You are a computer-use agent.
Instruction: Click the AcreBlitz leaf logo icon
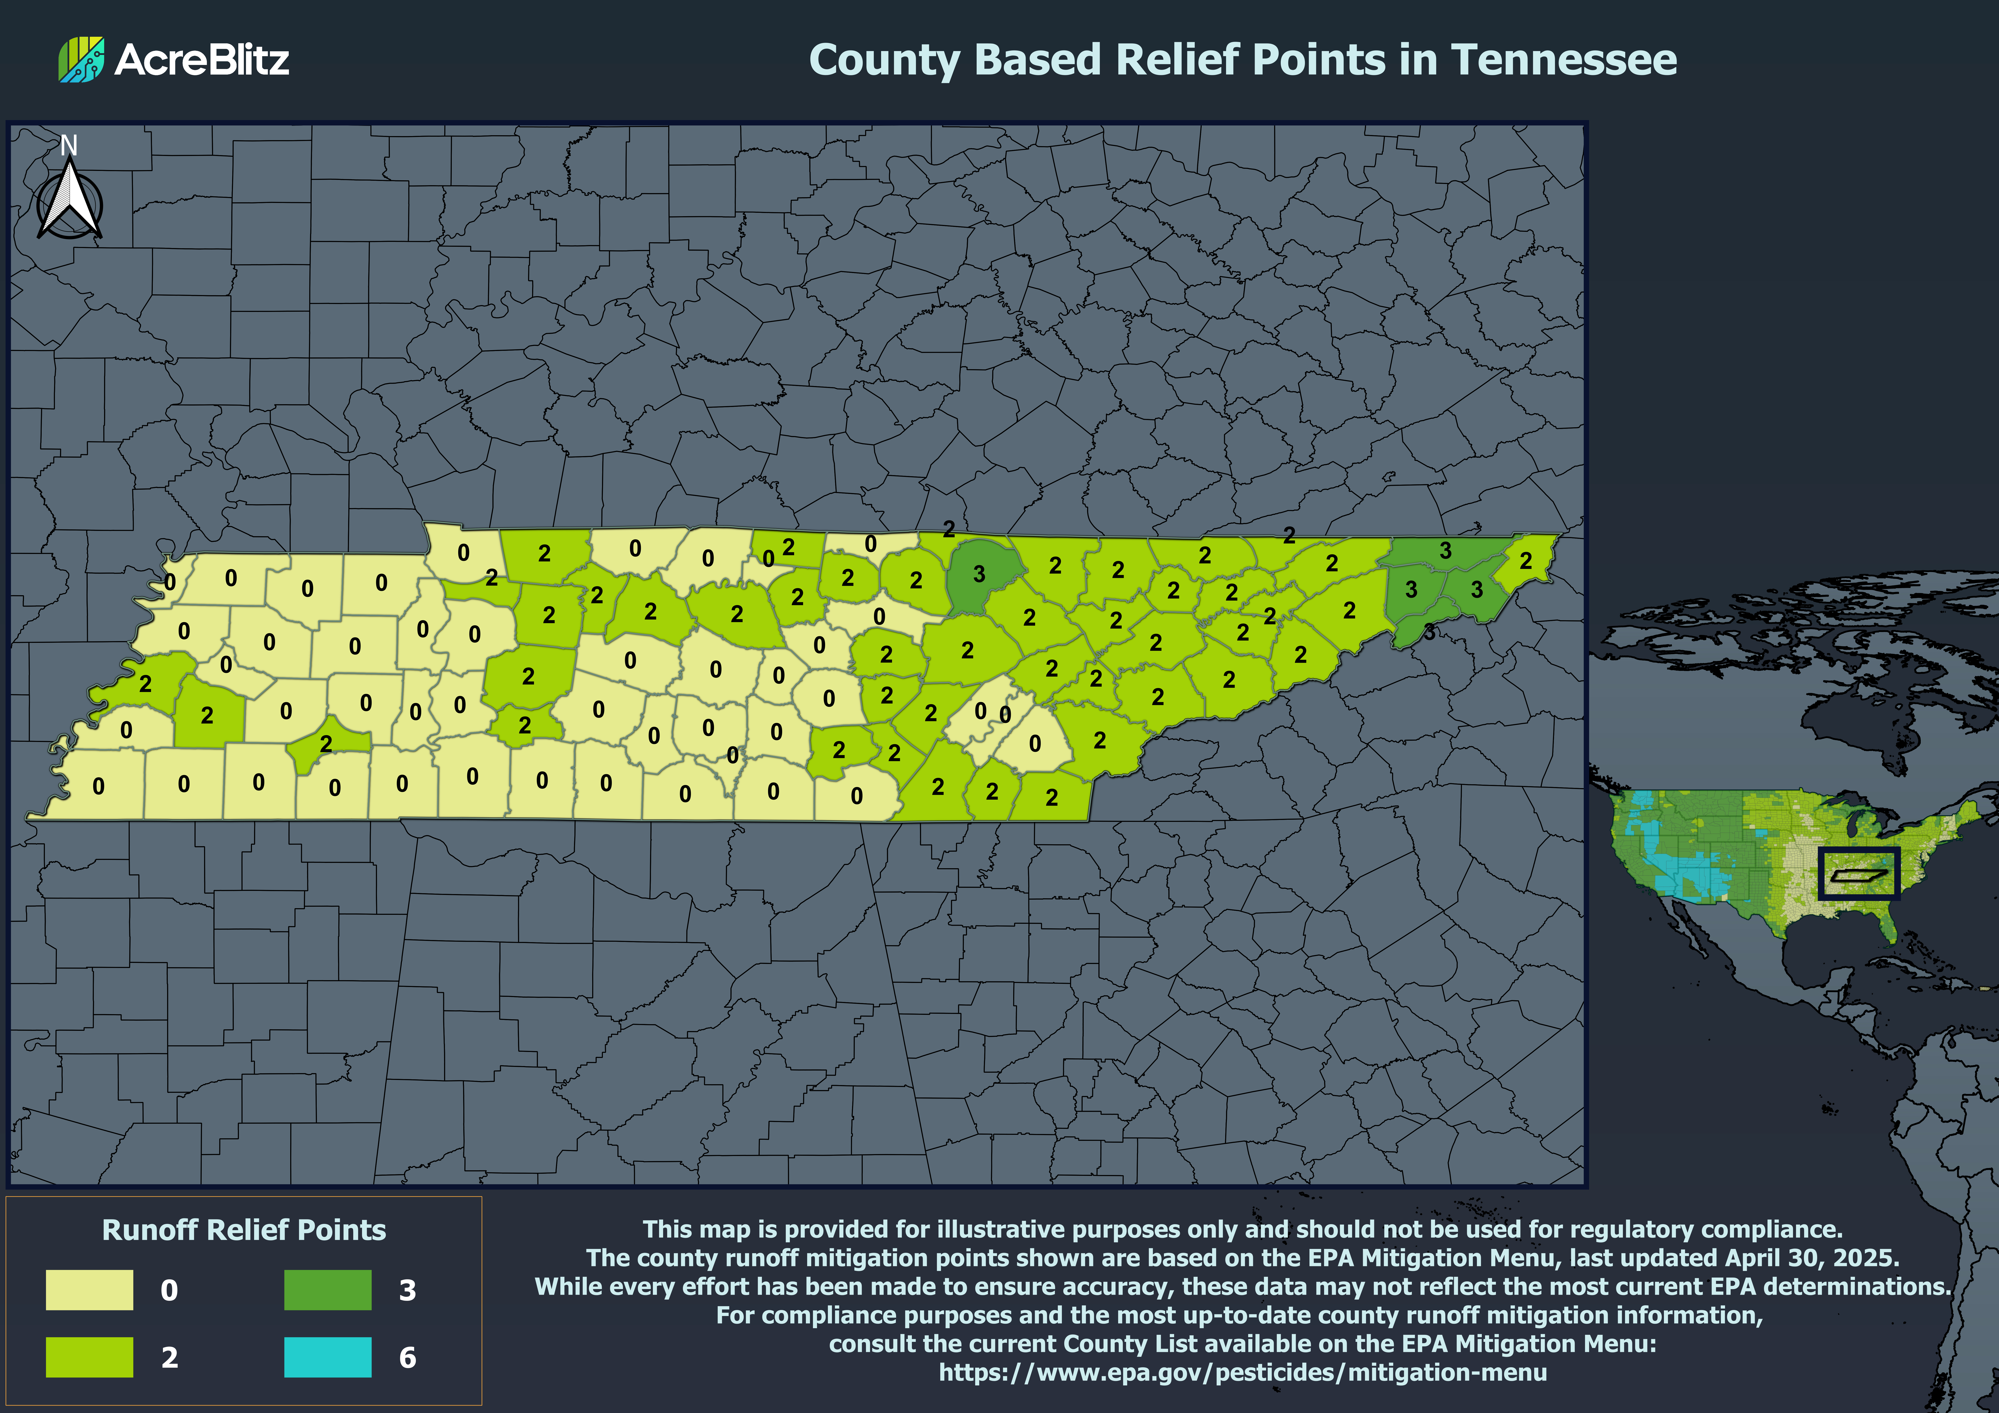(x=81, y=59)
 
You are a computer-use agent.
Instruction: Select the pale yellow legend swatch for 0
(x=90, y=1289)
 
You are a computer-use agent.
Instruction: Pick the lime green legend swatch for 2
(x=90, y=1356)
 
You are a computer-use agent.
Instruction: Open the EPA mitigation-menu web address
(x=1242, y=1372)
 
